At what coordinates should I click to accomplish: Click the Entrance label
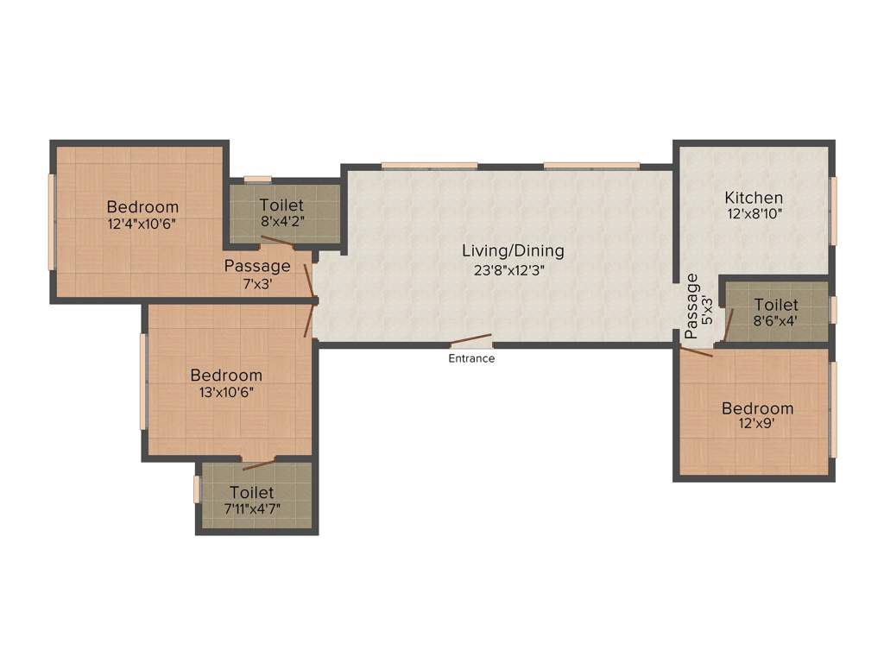471,358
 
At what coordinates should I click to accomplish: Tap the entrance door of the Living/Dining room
471,341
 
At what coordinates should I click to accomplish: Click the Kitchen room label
754,198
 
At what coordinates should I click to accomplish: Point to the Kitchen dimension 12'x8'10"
754,214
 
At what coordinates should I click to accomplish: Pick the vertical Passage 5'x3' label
698,306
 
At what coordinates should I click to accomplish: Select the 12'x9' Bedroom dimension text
757,424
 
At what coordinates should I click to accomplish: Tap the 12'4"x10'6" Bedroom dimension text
142,224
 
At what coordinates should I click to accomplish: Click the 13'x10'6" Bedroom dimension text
226,392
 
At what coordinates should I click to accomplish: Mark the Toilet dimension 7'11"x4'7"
251,508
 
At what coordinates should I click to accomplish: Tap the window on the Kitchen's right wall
834,211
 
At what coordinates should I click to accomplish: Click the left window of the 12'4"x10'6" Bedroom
51,222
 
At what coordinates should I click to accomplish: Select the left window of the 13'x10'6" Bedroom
143,381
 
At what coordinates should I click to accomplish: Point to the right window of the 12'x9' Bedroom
833,409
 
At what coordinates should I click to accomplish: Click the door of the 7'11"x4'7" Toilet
259,464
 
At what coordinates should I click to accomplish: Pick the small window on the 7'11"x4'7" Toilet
197,489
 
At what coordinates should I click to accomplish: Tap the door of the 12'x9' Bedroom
696,350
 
